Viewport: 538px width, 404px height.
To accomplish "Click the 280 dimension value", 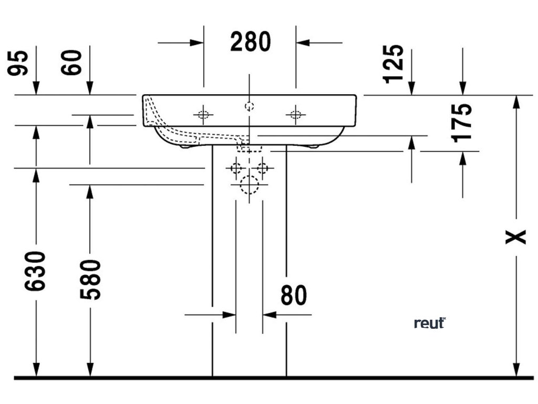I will (x=250, y=42).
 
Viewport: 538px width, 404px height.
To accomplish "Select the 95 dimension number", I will (x=19, y=62).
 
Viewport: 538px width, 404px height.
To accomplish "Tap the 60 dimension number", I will (x=74, y=62).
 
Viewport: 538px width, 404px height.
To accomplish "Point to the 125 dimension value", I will (x=394, y=64).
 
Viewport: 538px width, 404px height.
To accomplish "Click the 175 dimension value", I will (x=462, y=123).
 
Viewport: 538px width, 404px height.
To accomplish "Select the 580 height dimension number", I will (x=90, y=279).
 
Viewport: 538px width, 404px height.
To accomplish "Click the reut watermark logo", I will (x=430, y=323).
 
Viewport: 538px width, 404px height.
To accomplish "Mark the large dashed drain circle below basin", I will (x=249, y=185).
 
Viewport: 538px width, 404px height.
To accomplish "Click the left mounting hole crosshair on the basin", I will (x=203, y=114).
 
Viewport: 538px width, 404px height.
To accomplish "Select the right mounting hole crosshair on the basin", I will (x=296, y=114).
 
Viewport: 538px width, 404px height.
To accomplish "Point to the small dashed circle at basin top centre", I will (x=250, y=106).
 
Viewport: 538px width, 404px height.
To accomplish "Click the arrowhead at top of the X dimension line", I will (x=516, y=102).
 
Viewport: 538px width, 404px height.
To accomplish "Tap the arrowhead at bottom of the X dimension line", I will (x=516, y=371).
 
